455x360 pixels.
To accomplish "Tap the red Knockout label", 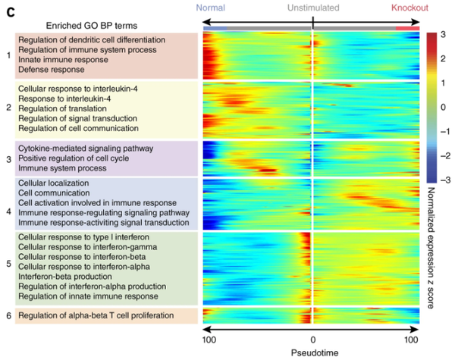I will [410, 8].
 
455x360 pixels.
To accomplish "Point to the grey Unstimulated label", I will [312, 8].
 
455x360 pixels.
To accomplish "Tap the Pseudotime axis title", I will [312, 352].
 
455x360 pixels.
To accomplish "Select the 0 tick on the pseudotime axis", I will [312, 339].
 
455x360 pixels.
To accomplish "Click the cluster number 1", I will [8, 55].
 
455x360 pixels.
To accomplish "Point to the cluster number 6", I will [8, 315].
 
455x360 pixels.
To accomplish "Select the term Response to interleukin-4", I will [67, 99].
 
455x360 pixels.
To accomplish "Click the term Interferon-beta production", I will [62, 277].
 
